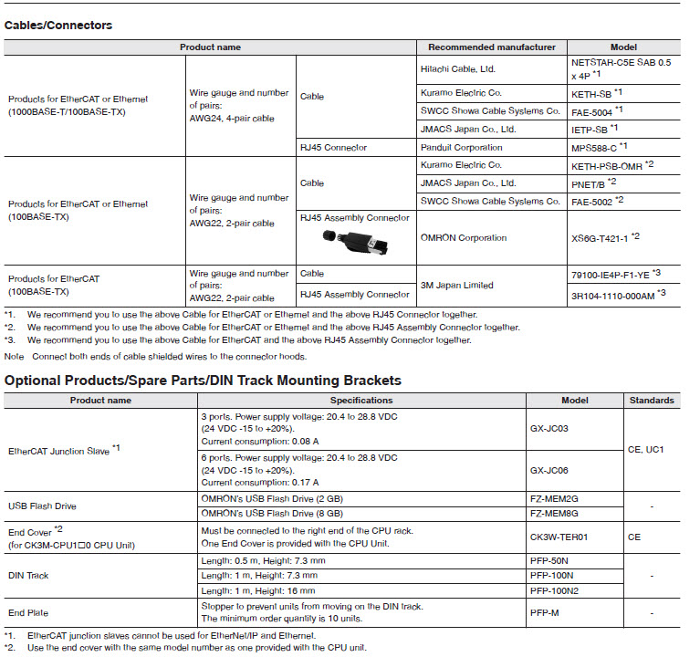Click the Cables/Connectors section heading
(58, 26)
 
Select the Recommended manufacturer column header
(491, 47)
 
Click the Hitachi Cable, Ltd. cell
(457, 68)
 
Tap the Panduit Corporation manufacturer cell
(462, 147)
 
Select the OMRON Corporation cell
(464, 238)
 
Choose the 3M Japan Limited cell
(456, 285)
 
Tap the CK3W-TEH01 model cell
(558, 537)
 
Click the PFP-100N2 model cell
(556, 592)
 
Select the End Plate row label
(28, 613)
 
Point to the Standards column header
(652, 400)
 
